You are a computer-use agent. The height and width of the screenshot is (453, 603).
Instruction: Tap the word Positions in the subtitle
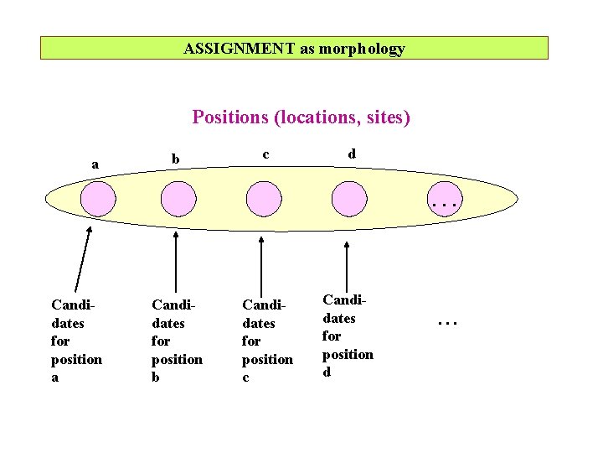[x=229, y=117]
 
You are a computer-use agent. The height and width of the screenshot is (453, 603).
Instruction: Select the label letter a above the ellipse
[x=95, y=164]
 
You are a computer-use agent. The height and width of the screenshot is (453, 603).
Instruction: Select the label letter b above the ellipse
[x=175, y=159]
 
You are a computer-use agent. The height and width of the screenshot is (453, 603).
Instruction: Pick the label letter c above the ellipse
[x=265, y=154]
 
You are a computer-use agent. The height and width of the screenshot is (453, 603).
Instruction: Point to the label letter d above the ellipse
[x=352, y=154]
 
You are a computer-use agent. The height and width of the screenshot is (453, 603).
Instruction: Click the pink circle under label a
[x=98, y=200]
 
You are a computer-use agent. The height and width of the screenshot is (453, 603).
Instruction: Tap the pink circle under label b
[x=178, y=200]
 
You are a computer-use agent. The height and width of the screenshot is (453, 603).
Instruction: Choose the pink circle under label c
[x=264, y=200]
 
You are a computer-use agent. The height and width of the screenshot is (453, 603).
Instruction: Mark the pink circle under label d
[x=349, y=200]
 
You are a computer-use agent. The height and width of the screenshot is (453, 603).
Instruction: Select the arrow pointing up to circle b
[x=176, y=263]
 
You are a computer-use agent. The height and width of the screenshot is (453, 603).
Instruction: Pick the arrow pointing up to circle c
[x=262, y=264]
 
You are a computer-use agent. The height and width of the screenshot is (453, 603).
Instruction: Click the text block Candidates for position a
[x=76, y=341]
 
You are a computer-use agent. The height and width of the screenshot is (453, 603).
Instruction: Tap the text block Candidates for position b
[x=177, y=341]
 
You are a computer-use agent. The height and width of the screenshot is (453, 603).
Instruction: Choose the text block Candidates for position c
[x=267, y=341]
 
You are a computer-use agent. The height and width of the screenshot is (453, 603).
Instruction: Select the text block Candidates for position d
[x=348, y=336]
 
